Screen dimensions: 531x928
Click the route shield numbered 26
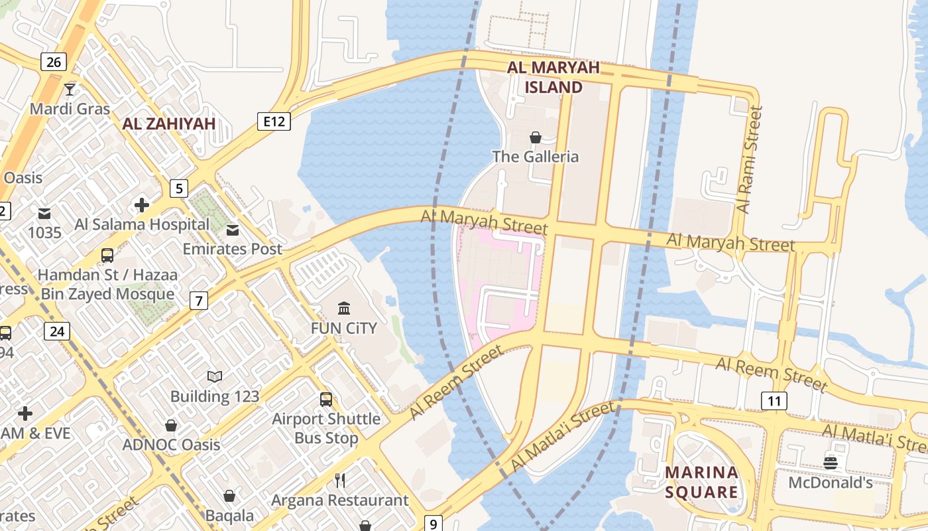pos(54,62)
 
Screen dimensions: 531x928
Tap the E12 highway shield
pos(274,121)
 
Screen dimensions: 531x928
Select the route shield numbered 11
pos(774,400)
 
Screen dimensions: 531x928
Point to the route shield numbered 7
pos(198,301)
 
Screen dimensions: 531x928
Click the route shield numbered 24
pos(57,331)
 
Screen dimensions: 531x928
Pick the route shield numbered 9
pos(432,524)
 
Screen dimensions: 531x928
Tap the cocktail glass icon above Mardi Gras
pos(70,89)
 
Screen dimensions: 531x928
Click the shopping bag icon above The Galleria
pos(535,137)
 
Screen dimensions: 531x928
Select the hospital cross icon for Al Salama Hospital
pos(141,205)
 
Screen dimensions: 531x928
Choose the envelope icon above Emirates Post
pos(233,230)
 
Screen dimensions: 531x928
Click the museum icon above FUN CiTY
pos(344,308)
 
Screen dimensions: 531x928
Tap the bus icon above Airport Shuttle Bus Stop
pos(326,399)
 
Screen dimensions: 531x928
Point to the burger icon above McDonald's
pos(830,463)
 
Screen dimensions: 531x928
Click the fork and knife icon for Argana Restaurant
pos(340,480)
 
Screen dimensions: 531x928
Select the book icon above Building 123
pos(214,376)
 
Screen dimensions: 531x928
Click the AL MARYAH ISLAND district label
pos(553,77)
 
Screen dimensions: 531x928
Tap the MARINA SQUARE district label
pos(701,482)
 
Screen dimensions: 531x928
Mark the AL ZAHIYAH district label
pos(169,123)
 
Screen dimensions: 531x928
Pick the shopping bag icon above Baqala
pos(229,496)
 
